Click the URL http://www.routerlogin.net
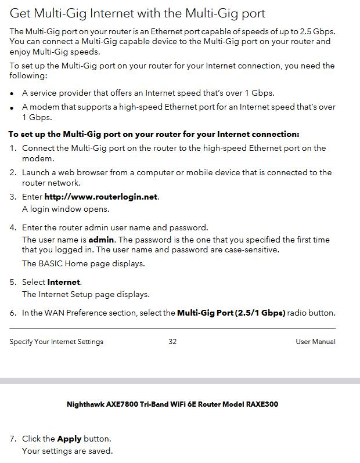pyautogui.click(x=101, y=197)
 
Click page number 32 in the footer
pyautogui.click(x=172, y=342)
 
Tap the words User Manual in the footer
pyautogui.click(x=315, y=342)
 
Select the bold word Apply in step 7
pyautogui.click(x=69, y=439)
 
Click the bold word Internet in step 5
pyautogui.click(x=64, y=282)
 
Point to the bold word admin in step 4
pyautogui.click(x=102, y=240)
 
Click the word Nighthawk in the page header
pyautogui.click(x=85, y=404)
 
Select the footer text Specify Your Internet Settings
pyautogui.click(x=56, y=342)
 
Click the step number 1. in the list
pyautogui.click(x=13, y=149)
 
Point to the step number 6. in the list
pyautogui.click(x=13, y=313)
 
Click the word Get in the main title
pyautogui.click(x=23, y=12)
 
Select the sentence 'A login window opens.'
pyautogui.click(x=66, y=209)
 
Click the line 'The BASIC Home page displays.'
pyautogui.click(x=84, y=263)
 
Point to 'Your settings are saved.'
pyautogui.click(x=67, y=451)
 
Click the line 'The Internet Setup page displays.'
pyautogui.click(x=86, y=294)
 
